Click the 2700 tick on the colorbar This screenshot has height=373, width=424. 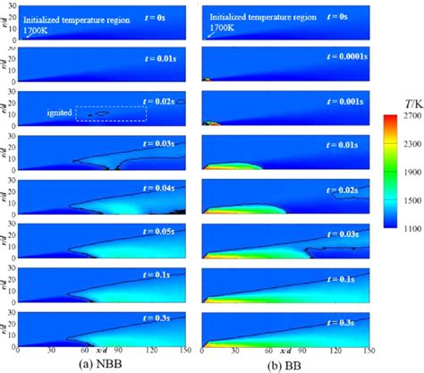[x=405, y=116]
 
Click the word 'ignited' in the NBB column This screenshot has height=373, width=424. [x=59, y=113]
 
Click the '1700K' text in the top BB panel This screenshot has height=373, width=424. [x=220, y=26]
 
